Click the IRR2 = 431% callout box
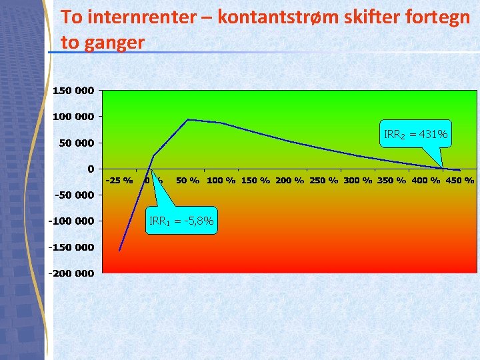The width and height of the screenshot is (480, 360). [x=415, y=135]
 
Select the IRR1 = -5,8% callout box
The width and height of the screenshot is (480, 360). [x=181, y=221]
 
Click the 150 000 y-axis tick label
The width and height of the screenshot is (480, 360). [x=73, y=91]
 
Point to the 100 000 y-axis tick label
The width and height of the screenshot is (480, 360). [x=73, y=117]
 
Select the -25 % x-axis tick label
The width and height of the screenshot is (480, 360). [x=119, y=180]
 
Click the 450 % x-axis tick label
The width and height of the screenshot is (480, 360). [x=460, y=180]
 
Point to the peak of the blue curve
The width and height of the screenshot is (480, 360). [x=189, y=120]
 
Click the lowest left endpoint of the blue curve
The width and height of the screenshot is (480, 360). [x=119, y=251]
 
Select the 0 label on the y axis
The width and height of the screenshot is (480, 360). [x=89, y=169]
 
